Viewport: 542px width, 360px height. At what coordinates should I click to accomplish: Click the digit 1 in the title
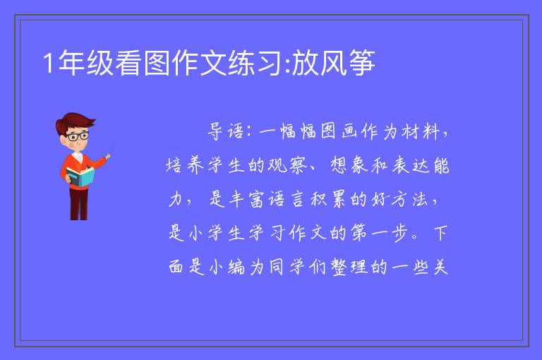coord(49,64)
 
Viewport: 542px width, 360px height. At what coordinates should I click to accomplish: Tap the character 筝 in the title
coord(362,63)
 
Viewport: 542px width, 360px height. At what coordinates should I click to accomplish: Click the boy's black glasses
coord(77,136)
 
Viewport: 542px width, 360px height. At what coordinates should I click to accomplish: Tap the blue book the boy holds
coord(80,176)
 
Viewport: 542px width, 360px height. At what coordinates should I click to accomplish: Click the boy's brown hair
coord(75,121)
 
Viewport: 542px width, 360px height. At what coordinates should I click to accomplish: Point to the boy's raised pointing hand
coord(108,157)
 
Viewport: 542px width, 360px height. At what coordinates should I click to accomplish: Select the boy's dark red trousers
coord(79,203)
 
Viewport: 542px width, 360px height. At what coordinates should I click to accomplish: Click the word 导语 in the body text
coord(226,131)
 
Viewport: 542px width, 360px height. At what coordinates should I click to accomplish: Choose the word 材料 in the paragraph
coord(421,131)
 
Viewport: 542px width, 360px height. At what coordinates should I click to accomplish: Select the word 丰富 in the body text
coord(246,199)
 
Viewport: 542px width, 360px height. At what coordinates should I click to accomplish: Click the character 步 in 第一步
coord(400,233)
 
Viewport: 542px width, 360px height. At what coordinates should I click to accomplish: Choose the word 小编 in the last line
coord(227,267)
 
